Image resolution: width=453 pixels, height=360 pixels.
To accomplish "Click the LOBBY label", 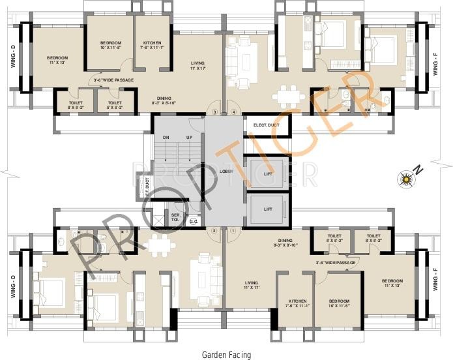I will [227, 171].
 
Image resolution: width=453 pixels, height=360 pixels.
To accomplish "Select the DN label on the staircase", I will [166, 138].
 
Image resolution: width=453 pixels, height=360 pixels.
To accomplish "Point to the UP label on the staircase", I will [189, 138].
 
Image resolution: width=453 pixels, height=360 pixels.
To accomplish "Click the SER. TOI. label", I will [175, 217].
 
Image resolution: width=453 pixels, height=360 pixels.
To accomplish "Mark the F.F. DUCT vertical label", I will [147, 187].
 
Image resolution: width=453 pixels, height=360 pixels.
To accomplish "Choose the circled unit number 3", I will [214, 112].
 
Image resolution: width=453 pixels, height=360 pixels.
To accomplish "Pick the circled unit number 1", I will [233, 230].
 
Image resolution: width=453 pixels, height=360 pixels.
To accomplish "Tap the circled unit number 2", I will [214, 230].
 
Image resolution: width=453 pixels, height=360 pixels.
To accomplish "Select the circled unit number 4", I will [233, 112].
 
